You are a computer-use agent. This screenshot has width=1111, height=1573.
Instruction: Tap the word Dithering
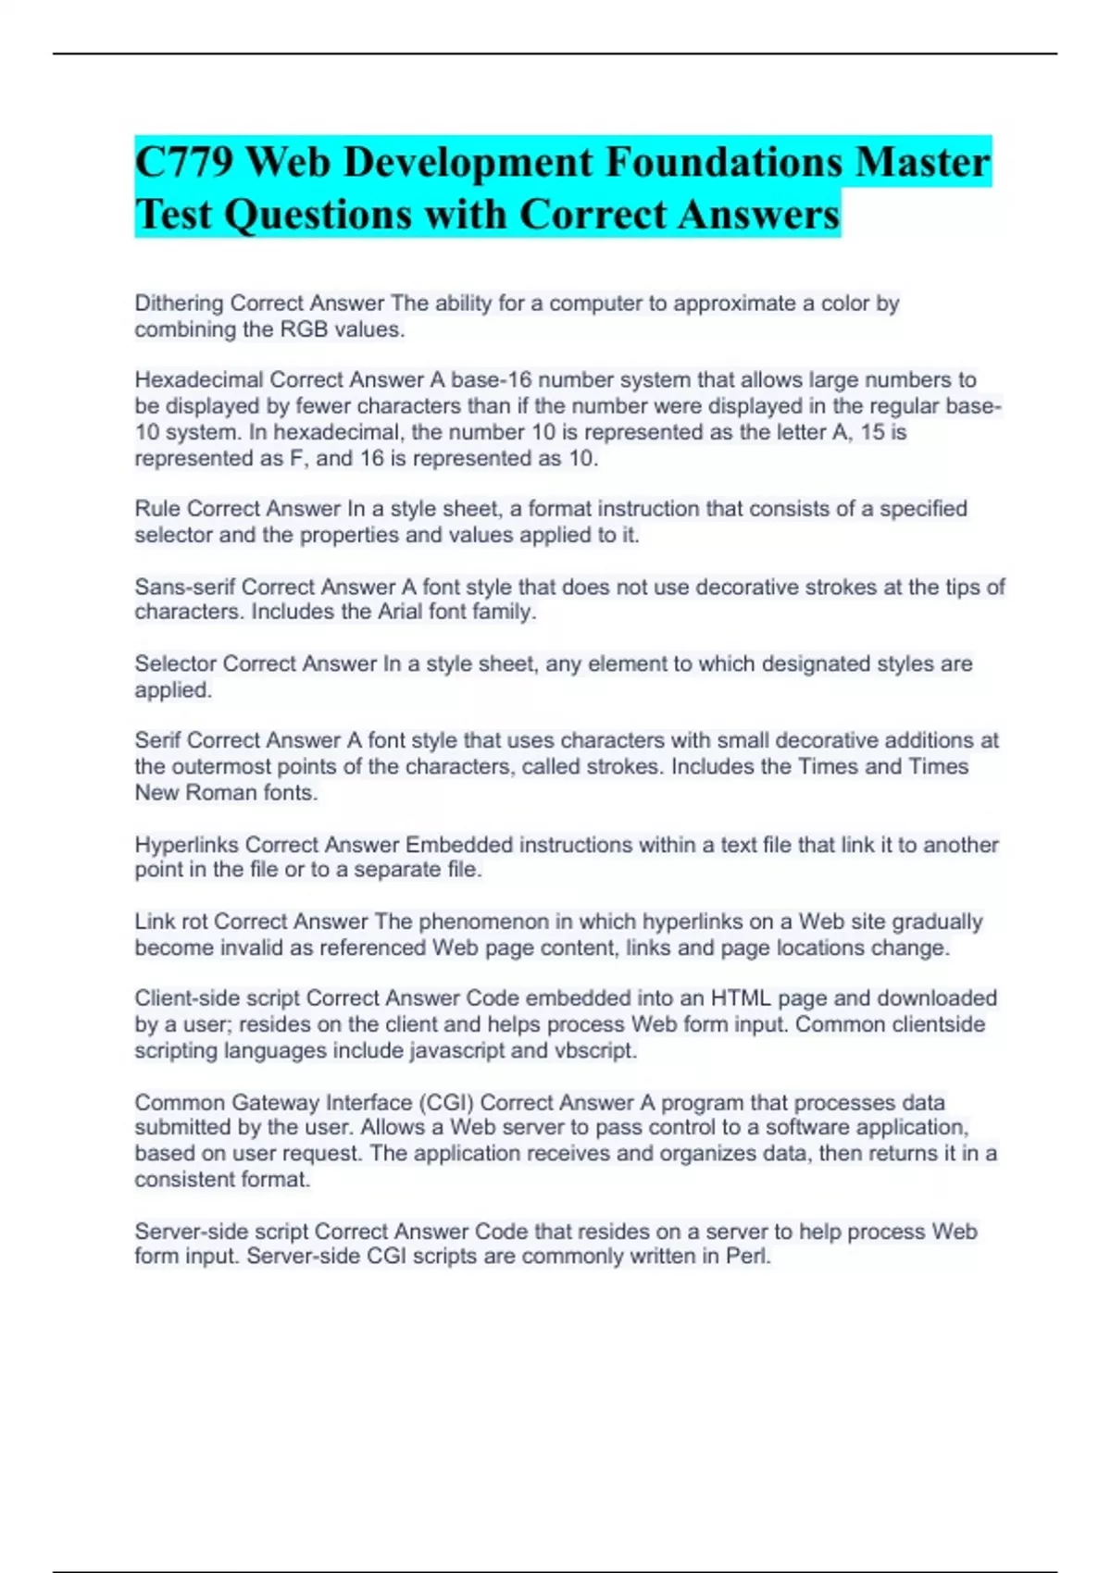[179, 303]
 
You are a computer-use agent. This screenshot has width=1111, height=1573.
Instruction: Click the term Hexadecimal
[198, 380]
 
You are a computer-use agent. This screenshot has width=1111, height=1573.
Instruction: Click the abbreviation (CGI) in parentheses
[445, 1102]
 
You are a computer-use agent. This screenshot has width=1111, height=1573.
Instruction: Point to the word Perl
[748, 1257]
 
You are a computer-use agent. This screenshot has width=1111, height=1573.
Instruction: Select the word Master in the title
[922, 163]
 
